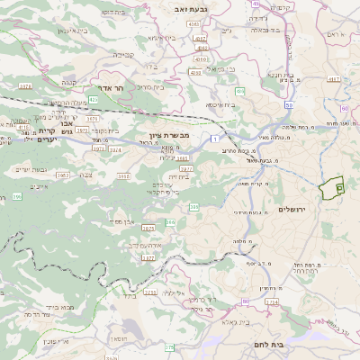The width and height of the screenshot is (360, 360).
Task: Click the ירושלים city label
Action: [292, 209]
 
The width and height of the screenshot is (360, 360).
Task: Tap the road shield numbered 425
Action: [94, 101]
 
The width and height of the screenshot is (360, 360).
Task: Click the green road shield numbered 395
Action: [16, 196]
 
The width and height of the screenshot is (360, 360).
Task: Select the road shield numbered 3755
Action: [150, 292]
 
